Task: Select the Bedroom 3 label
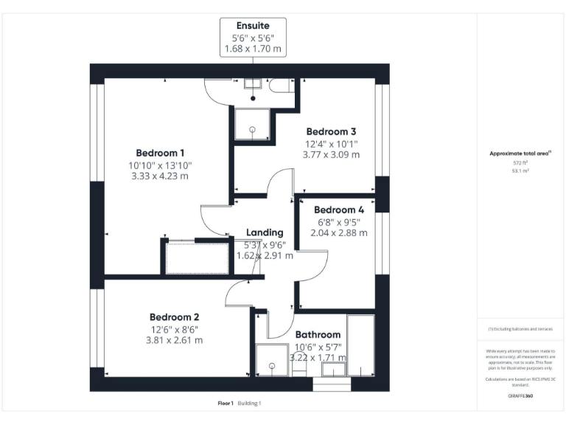332,131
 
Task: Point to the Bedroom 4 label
339,209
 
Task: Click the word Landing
265,232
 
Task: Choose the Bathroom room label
318,334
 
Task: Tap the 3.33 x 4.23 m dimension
159,176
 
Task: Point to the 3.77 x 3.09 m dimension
332,155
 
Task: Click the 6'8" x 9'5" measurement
339,221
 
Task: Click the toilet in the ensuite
280,86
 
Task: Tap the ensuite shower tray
252,124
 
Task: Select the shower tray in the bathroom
270,362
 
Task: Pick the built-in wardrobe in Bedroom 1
190,257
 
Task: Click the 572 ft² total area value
520,162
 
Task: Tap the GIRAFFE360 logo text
520,396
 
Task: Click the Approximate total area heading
520,153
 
